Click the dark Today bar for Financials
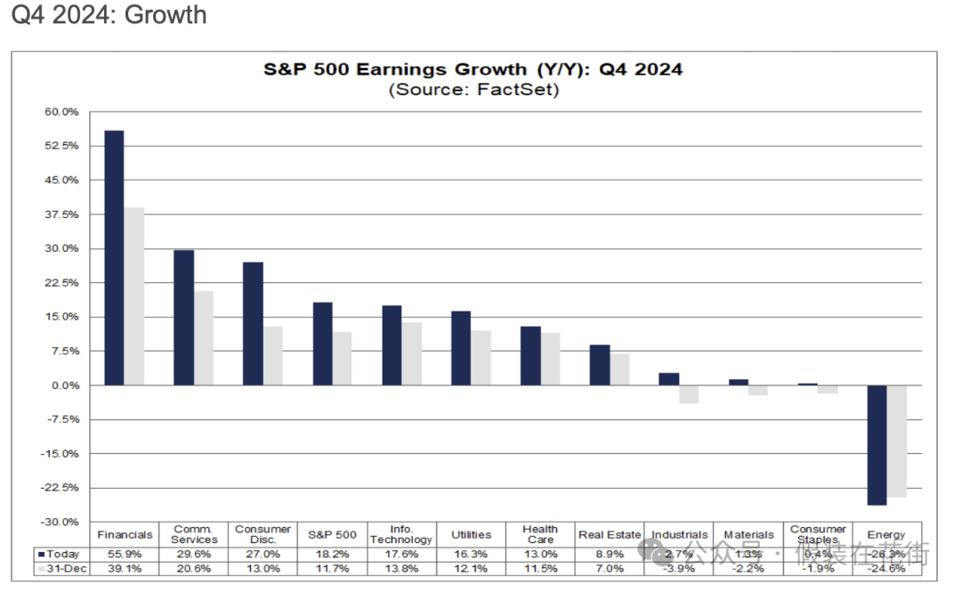click(x=114, y=258)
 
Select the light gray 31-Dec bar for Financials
click(x=133, y=296)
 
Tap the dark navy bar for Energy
click(x=877, y=445)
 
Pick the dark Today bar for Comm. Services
click(x=183, y=318)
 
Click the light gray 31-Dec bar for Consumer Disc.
click(x=272, y=356)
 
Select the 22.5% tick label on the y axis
click(x=62, y=283)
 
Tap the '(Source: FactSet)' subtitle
click(x=472, y=90)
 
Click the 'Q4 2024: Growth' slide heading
click(x=109, y=15)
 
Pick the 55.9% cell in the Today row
click(x=125, y=554)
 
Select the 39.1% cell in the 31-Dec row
click(x=125, y=568)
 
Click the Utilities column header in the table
click(x=471, y=535)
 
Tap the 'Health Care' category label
click(x=540, y=534)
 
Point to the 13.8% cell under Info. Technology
click(x=401, y=568)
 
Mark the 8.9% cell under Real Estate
click(x=610, y=554)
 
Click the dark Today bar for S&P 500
click(x=322, y=345)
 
